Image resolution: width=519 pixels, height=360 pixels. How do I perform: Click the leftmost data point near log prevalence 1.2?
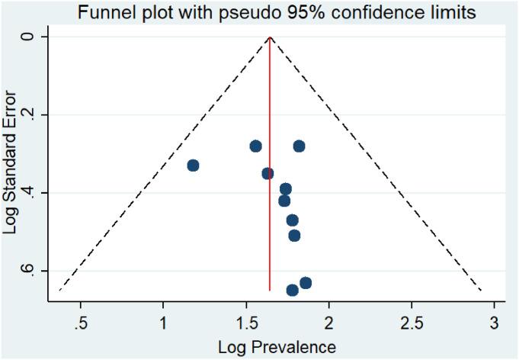tap(193, 166)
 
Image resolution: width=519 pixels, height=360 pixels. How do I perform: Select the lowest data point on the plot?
tap(292, 290)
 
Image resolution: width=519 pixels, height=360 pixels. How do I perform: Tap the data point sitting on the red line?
tap(268, 173)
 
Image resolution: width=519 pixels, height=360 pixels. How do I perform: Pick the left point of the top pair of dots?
tap(255, 146)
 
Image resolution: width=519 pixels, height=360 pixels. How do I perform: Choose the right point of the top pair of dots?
tap(299, 146)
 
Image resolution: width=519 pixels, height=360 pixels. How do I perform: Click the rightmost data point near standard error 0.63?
tap(306, 283)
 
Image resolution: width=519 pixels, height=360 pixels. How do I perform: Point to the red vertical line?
tap(270, 229)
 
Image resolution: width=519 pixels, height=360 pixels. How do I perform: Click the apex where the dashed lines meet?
tap(270, 37)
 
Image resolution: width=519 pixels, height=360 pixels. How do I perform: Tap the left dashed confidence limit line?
tap(164, 164)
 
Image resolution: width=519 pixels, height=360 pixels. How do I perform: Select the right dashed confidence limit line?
tap(376, 164)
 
